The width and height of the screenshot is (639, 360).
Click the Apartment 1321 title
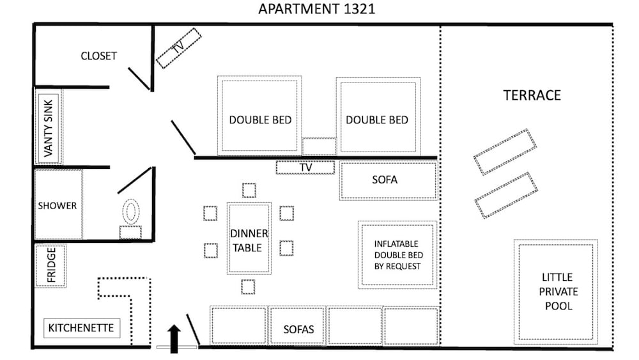tap(317, 9)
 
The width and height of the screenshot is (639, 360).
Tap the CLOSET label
tap(98, 56)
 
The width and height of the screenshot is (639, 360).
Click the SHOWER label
tap(57, 205)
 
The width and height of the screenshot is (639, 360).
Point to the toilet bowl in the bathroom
tap(131, 212)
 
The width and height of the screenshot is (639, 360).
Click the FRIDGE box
tap(50, 266)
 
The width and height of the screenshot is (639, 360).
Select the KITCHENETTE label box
tap(82, 328)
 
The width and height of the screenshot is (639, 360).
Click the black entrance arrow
tap(174, 339)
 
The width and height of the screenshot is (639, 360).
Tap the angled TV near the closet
tap(178, 48)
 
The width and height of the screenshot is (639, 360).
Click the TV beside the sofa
tap(305, 168)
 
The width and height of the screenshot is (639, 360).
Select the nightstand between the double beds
tap(319, 146)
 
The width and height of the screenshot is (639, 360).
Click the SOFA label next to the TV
tap(385, 180)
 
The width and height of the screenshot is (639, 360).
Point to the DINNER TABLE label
tap(249, 240)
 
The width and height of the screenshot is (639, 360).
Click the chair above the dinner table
tap(249, 191)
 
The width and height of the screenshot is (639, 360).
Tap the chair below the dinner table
tap(248, 287)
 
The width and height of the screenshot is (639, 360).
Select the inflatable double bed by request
tap(397, 254)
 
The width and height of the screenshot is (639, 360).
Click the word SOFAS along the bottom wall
tap(298, 329)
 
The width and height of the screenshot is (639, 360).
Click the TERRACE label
tap(532, 95)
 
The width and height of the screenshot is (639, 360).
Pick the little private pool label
tap(558, 292)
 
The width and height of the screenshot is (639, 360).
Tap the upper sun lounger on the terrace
tap(505, 152)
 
